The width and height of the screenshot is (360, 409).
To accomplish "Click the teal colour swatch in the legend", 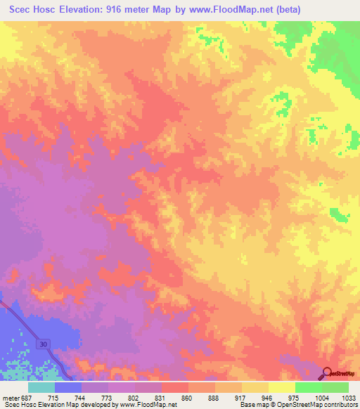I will coord(41,387).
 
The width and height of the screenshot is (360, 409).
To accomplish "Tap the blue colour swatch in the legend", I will coord(67,387).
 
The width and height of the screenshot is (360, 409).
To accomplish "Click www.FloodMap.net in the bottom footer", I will coord(150,405).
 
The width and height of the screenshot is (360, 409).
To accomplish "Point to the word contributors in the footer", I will coord(341,405).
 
